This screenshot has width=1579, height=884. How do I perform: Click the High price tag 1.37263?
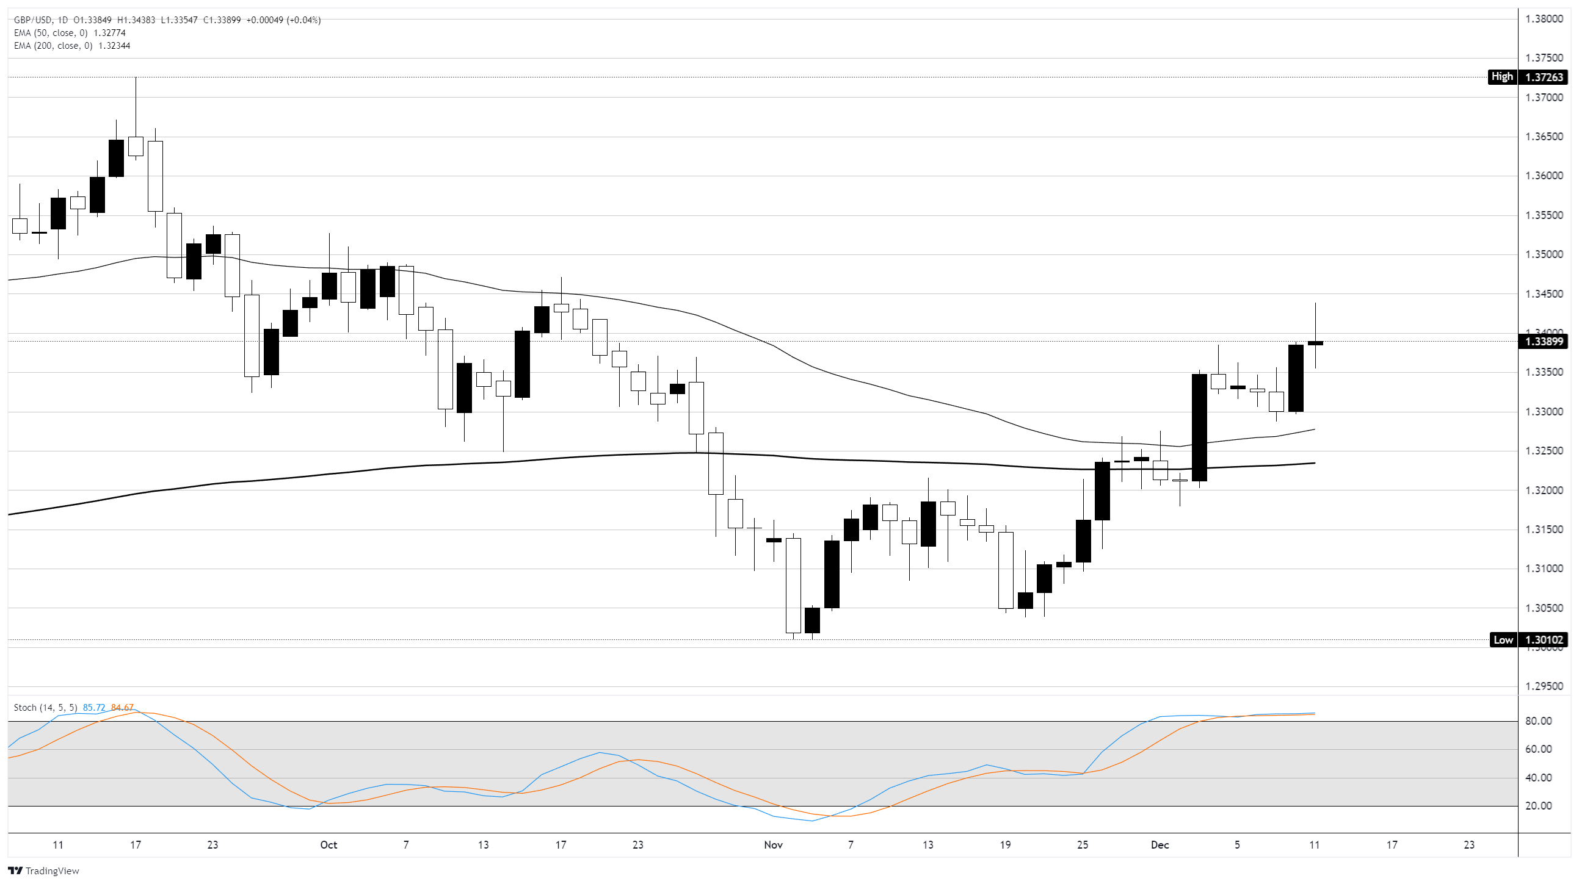(x=1545, y=77)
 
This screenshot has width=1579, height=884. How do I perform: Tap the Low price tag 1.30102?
(x=1545, y=640)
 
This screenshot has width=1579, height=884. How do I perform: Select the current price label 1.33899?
(x=1544, y=341)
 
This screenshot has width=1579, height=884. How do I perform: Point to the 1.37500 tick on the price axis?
(x=1544, y=58)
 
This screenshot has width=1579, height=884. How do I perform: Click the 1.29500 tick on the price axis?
(x=1544, y=686)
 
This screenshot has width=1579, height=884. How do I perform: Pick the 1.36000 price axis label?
(x=1544, y=176)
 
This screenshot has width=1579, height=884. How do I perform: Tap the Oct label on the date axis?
(x=329, y=845)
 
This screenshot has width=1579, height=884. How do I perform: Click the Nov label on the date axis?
(x=773, y=845)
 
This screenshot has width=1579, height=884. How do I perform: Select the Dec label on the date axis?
(x=1160, y=845)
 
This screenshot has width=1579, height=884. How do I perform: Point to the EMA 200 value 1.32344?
(x=114, y=46)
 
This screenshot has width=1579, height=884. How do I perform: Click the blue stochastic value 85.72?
(x=94, y=708)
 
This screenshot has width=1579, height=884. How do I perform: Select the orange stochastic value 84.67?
(x=122, y=708)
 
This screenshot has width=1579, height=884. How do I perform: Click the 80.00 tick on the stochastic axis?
(x=1539, y=721)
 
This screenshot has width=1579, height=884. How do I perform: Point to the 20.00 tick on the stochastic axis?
(x=1539, y=806)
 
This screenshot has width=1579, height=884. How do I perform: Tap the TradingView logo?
(x=43, y=871)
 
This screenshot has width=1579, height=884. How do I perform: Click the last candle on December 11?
(x=1315, y=343)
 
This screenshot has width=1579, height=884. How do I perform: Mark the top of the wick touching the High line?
(x=136, y=79)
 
